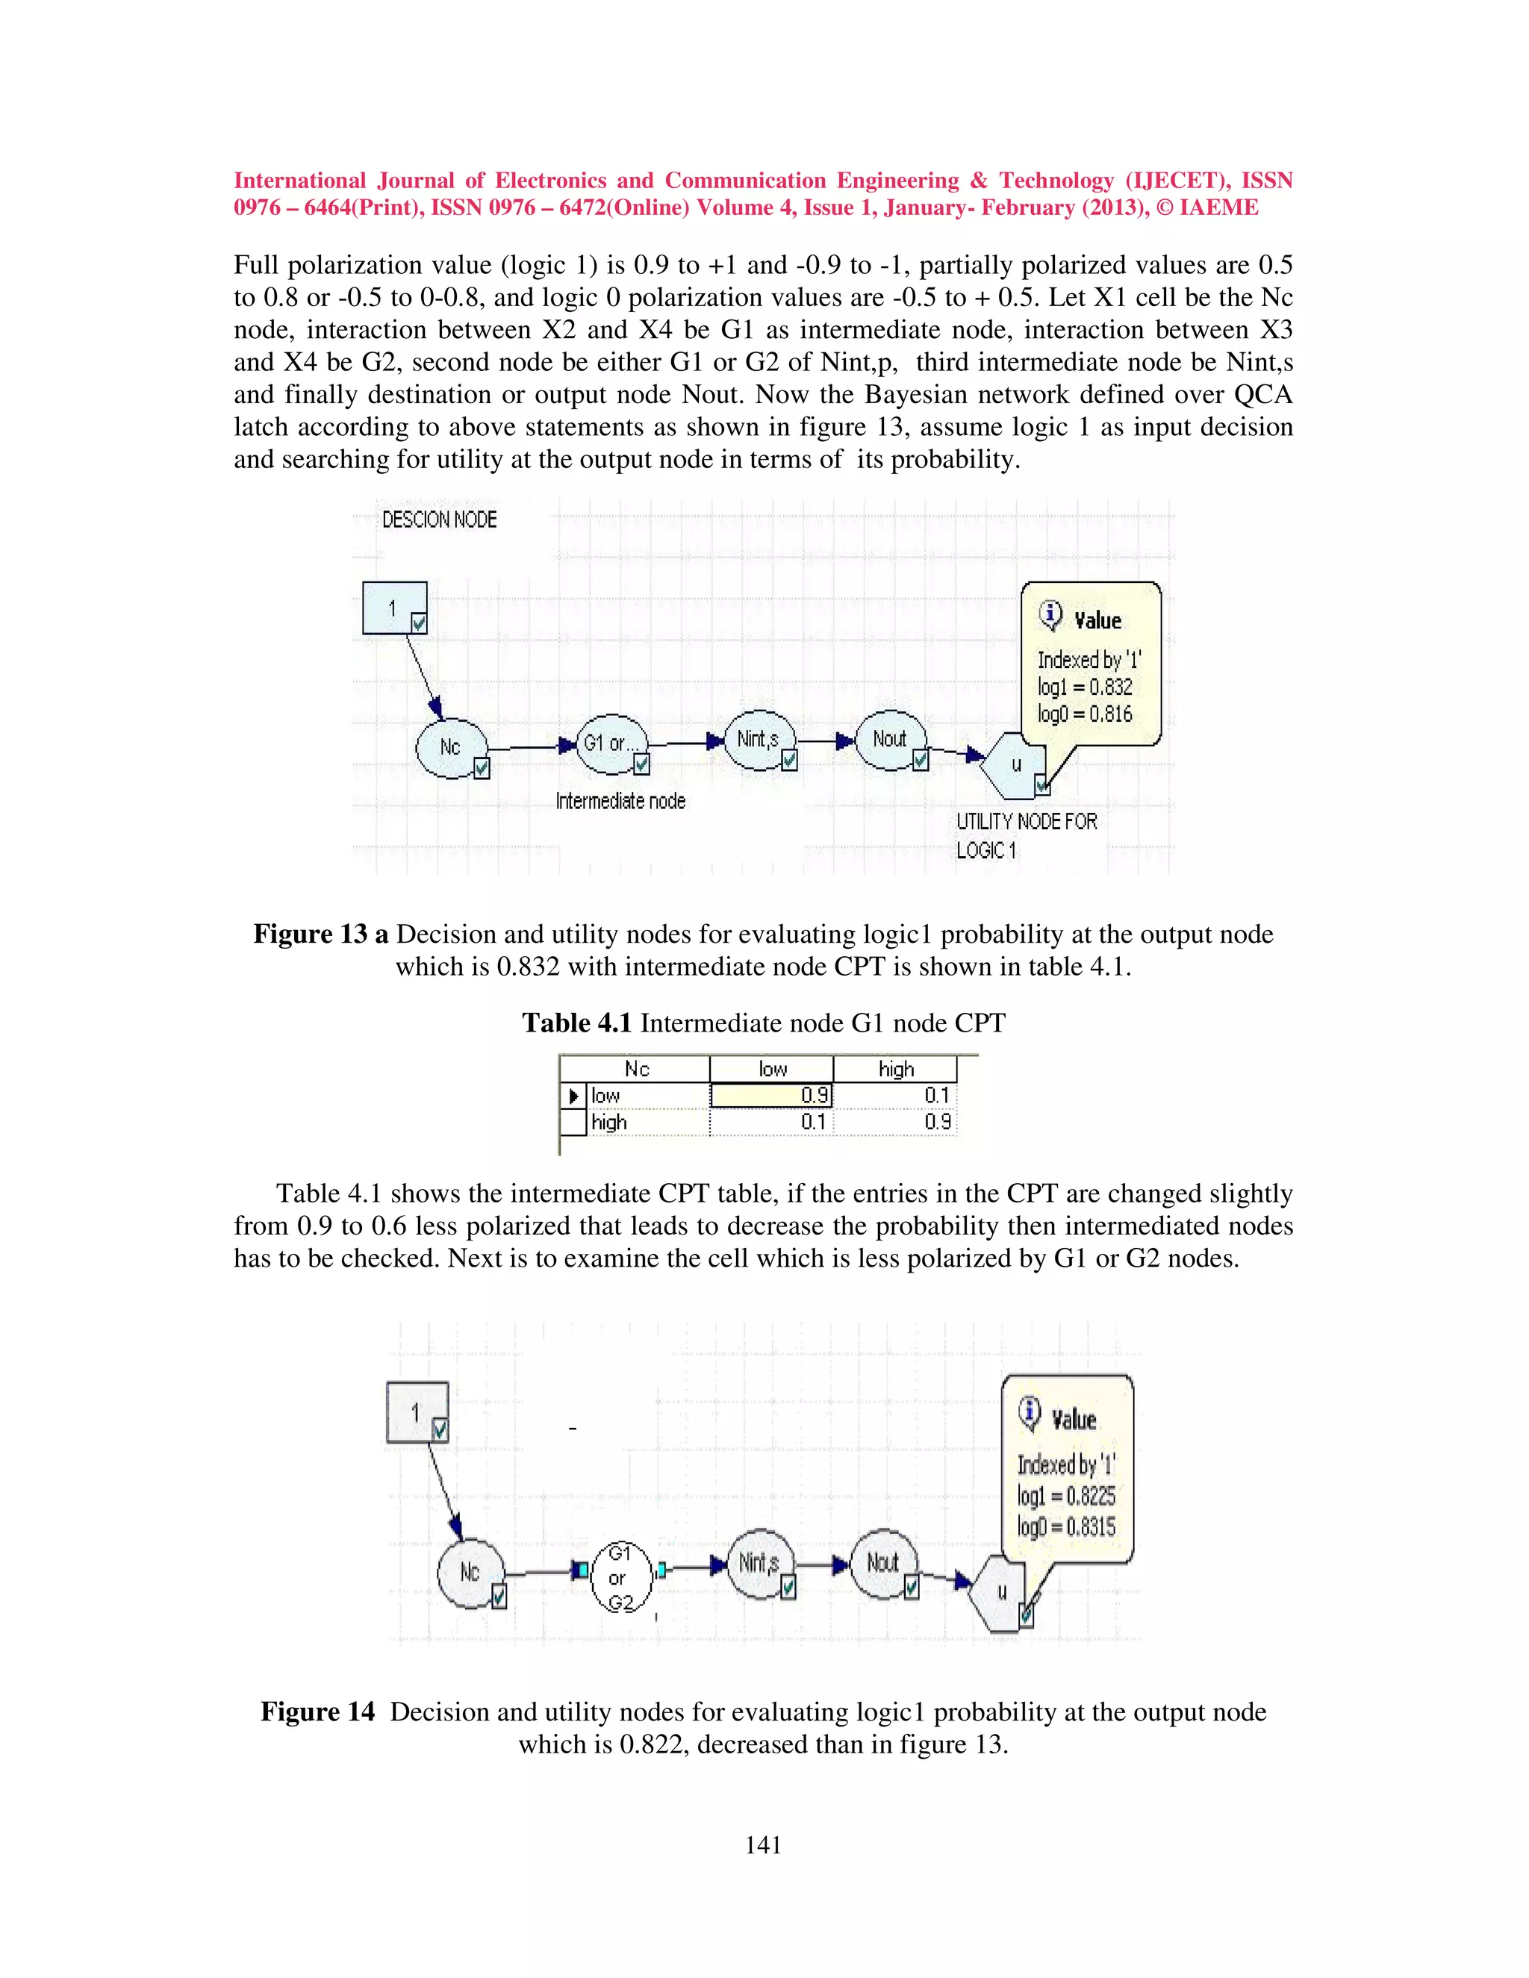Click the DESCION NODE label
pyautogui.click(x=439, y=520)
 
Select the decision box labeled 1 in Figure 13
pyautogui.click(x=394, y=608)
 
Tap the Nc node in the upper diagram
pyautogui.click(x=450, y=747)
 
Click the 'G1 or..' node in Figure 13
pyautogui.click(x=611, y=743)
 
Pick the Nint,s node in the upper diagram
pyautogui.click(x=759, y=739)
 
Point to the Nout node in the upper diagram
pyautogui.click(x=889, y=739)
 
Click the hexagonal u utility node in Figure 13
pyautogui.click(x=1015, y=765)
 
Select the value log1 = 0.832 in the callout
pyautogui.click(x=1084, y=687)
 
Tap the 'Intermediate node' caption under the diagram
pyautogui.click(x=620, y=802)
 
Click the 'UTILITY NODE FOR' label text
pyautogui.click(x=1027, y=822)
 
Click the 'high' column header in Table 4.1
pyautogui.click(x=896, y=1070)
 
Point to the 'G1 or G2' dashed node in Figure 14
pyautogui.click(x=620, y=1578)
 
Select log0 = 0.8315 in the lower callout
pyautogui.click(x=1066, y=1527)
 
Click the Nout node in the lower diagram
pyautogui.click(x=882, y=1563)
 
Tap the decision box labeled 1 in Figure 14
pyautogui.click(x=416, y=1412)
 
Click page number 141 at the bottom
pyautogui.click(x=763, y=1845)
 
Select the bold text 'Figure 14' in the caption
pyautogui.click(x=317, y=1712)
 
